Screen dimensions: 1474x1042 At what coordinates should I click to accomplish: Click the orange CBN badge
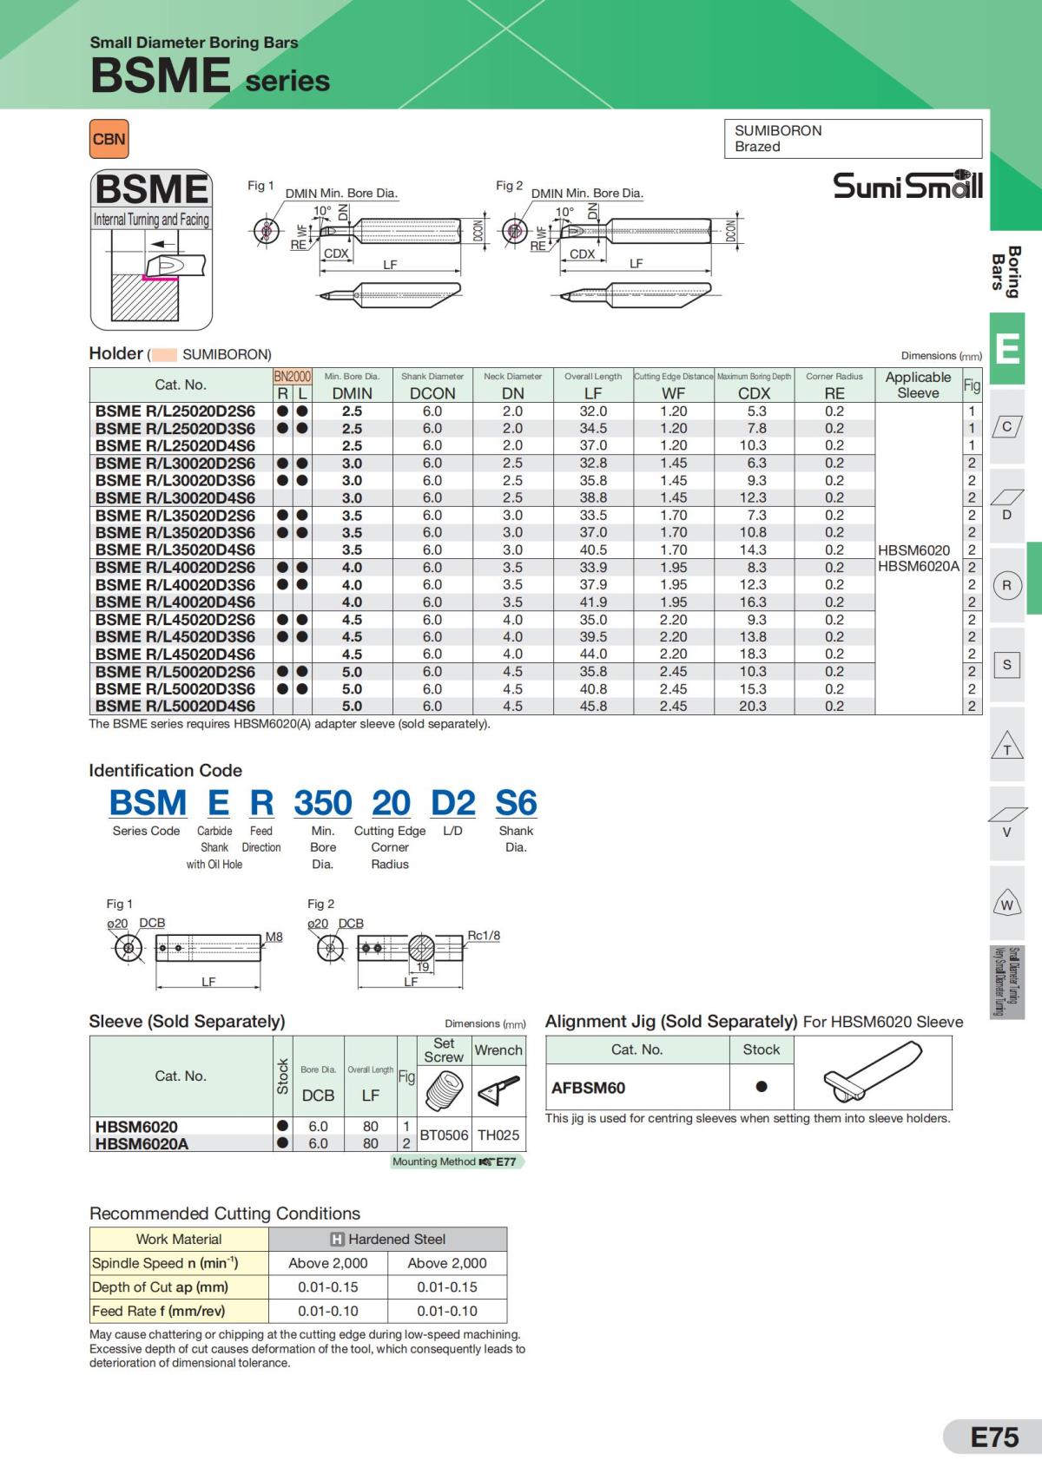click(109, 139)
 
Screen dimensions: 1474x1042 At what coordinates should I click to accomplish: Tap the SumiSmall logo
click(907, 185)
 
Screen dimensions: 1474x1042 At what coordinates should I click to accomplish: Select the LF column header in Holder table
click(593, 393)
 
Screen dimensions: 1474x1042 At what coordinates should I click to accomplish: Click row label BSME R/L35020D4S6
click(175, 549)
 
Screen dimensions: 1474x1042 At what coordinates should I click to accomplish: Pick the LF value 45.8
click(593, 707)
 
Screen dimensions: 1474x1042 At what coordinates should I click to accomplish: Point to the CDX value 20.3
click(753, 707)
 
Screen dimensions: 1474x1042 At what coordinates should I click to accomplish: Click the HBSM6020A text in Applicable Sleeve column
click(919, 567)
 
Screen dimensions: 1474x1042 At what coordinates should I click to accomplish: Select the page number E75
click(994, 1438)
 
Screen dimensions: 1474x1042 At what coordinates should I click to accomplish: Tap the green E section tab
click(1007, 349)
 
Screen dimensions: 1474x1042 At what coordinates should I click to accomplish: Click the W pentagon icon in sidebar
click(1007, 905)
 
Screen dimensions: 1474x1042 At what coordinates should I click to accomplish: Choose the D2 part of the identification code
click(452, 803)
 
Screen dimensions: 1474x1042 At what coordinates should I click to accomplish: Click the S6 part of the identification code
click(516, 803)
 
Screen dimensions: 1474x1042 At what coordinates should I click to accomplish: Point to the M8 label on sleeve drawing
click(274, 937)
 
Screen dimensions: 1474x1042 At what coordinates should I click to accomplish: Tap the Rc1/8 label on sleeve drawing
click(484, 936)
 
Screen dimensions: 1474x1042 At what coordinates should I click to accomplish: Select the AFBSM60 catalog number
click(589, 1088)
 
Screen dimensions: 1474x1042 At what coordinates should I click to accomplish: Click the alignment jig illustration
click(871, 1074)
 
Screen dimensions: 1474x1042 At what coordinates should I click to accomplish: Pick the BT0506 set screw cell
click(444, 1135)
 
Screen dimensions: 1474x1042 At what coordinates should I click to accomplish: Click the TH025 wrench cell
click(498, 1135)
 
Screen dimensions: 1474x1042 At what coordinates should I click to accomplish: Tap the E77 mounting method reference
click(505, 1161)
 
